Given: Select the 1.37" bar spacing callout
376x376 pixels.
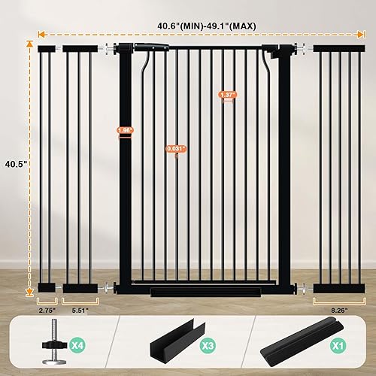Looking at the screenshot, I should point(227,95).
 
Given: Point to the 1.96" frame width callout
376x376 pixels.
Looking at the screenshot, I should point(125,130).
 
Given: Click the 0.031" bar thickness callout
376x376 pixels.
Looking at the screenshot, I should point(176,148).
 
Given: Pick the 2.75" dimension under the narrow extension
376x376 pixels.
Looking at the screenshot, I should point(47,308).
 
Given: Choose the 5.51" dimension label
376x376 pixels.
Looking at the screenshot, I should point(80,308).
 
